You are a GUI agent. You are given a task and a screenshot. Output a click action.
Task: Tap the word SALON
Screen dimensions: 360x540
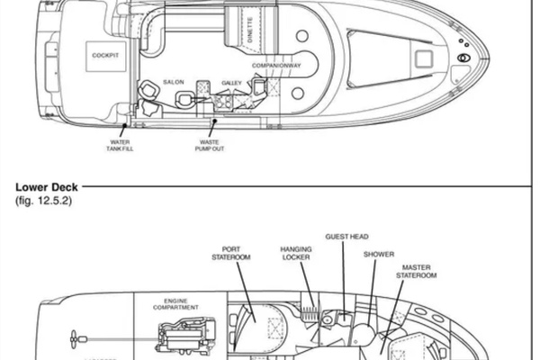(x=174, y=82)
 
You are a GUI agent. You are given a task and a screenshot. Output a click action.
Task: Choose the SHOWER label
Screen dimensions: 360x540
(x=379, y=255)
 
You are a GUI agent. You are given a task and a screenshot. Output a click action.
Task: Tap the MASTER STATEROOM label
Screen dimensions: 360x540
(x=418, y=271)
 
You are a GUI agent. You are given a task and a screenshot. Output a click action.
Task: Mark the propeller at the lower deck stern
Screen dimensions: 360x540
(x=71, y=339)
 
